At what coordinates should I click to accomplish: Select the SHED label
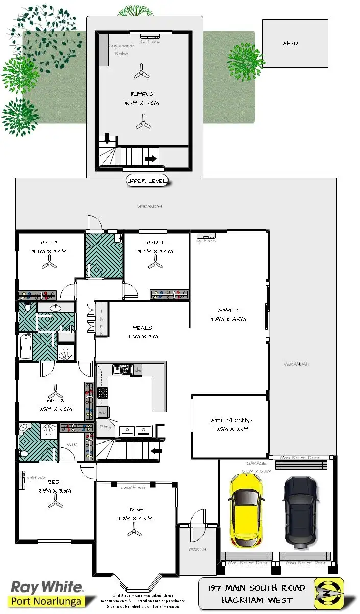291,44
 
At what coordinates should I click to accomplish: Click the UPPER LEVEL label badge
147,181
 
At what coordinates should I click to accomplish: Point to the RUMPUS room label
141,94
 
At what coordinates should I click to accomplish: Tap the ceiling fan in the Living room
134,531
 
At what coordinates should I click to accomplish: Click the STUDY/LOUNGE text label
231,420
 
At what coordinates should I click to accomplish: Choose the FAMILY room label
228,310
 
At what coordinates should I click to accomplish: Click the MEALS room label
142,328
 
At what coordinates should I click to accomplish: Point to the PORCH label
198,549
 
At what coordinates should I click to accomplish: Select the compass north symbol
328,592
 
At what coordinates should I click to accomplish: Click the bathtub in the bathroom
26,347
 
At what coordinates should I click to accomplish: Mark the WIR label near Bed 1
71,445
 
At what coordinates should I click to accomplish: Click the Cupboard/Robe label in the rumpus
121,50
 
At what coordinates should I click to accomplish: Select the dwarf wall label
133,487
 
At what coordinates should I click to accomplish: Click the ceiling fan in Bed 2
55,394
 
